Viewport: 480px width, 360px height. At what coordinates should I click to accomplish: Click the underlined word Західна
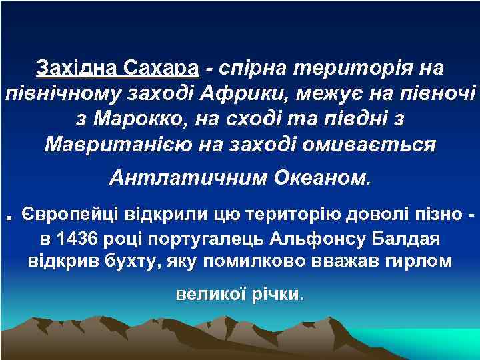click(78, 69)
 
